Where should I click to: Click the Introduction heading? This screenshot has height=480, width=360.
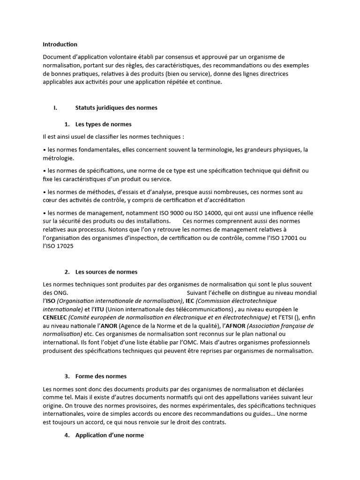point(60,45)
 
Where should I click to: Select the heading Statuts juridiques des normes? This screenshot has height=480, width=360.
point(116,108)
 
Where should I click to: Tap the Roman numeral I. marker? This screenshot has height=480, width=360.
point(55,108)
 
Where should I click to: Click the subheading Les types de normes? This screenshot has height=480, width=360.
point(103,124)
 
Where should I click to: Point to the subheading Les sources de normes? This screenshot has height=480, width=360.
point(106,272)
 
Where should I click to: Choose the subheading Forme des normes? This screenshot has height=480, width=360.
point(101,376)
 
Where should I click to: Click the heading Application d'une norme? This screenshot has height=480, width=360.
point(109,435)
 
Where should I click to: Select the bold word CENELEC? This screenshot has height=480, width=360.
point(55,317)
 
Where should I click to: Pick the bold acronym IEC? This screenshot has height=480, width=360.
point(190,301)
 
